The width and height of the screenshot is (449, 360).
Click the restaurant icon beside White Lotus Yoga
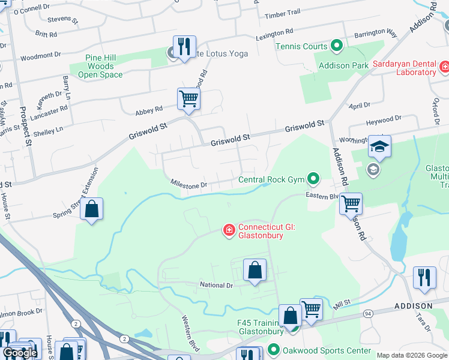tap(184, 46)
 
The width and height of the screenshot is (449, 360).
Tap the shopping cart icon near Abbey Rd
tap(188, 98)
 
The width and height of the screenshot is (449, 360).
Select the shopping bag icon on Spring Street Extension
tap(91, 209)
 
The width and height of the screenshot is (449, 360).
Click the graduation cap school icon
tap(379, 146)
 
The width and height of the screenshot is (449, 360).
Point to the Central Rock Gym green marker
tap(313, 179)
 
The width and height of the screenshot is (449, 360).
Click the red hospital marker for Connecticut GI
tap(229, 230)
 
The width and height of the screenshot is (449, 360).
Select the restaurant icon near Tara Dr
tap(424, 278)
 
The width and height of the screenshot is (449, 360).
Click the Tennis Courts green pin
tap(337, 46)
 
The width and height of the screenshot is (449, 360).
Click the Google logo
tap(20, 353)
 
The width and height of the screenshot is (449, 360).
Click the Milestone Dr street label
tap(188, 185)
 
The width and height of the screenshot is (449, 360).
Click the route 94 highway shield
tap(367, 313)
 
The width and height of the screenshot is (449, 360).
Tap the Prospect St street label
tap(25, 127)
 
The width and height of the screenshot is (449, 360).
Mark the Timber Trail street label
tap(282, 13)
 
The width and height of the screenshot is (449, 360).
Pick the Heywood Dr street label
tap(384, 122)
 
